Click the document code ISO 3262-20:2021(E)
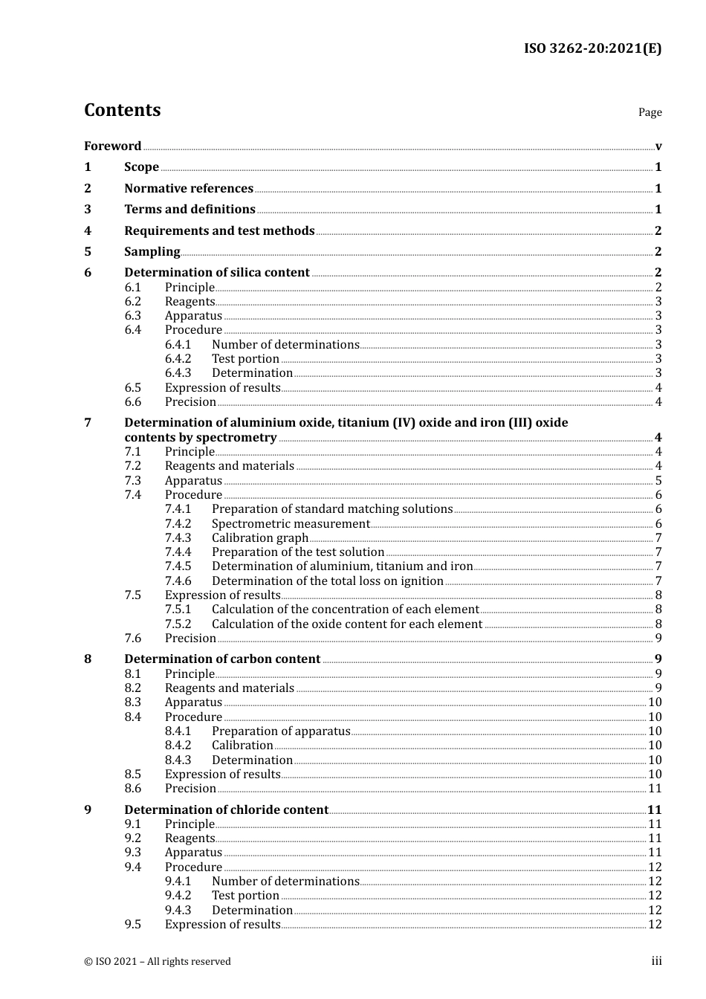pyautogui.click(x=592, y=48)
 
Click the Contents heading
pyautogui.click(x=122, y=110)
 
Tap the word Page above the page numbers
pyautogui.click(x=650, y=112)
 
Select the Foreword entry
pyautogui.click(x=112, y=146)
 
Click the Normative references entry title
pyautogui.click(x=189, y=188)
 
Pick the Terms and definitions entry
pyautogui.click(x=190, y=210)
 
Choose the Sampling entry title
pyautogui.click(x=152, y=251)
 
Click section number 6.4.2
pyautogui.click(x=178, y=359)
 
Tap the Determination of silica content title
pyautogui.click(x=216, y=273)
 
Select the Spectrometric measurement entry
pyautogui.click(x=291, y=524)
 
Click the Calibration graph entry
pyautogui.click(x=259, y=538)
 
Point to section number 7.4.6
pyautogui.click(x=178, y=581)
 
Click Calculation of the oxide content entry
pyautogui.click(x=347, y=624)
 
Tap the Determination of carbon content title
pyautogui.click(x=222, y=659)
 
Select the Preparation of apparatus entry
pyautogui.click(x=281, y=731)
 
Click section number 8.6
pyautogui.click(x=132, y=789)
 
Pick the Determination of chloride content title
pyautogui.click(x=226, y=809)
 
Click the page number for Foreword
pyautogui.click(x=658, y=146)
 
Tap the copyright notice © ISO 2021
pyautogui.click(x=158, y=961)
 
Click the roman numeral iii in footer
pyautogui.click(x=656, y=961)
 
